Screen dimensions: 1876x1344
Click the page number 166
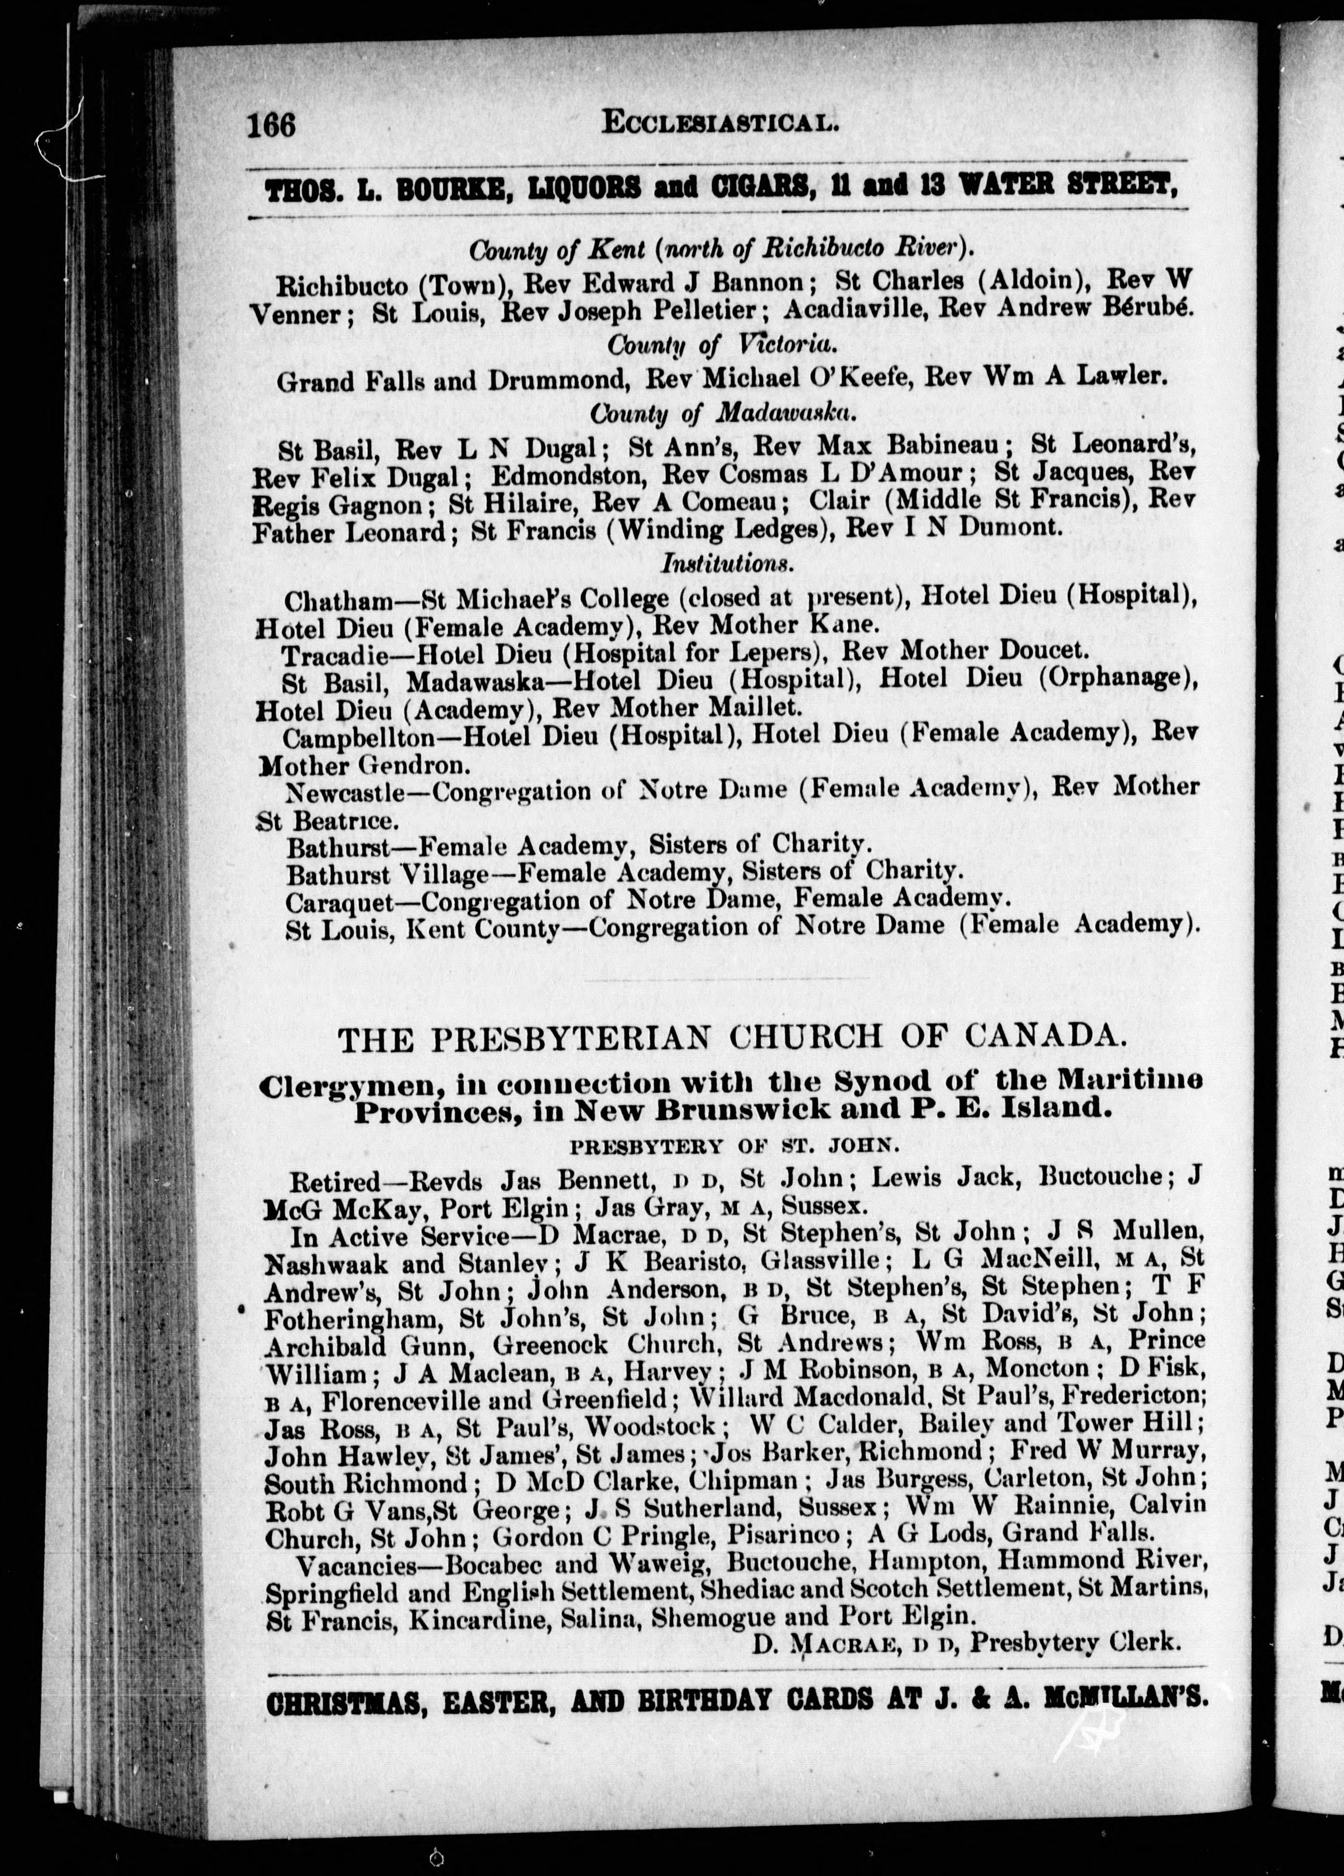pos(271,125)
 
